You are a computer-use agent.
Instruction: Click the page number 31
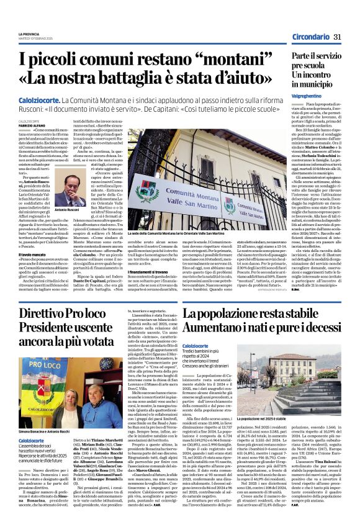[338, 38]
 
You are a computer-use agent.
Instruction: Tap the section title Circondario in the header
[312, 38]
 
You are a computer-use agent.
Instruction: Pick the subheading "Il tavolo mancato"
[32, 236]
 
